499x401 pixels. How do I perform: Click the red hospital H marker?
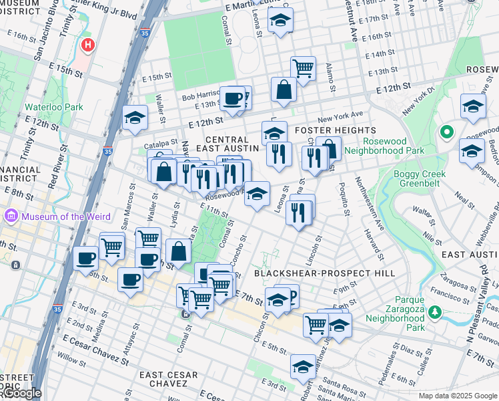tap(87, 45)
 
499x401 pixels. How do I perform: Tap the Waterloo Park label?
tap(45, 107)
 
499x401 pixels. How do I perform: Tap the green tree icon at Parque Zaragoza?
tap(435, 311)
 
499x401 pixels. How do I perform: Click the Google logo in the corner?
tap(21, 393)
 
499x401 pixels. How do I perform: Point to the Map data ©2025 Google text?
tap(457, 396)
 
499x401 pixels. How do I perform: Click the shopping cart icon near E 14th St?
tap(303, 68)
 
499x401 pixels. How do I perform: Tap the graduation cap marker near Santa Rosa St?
tap(303, 366)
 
